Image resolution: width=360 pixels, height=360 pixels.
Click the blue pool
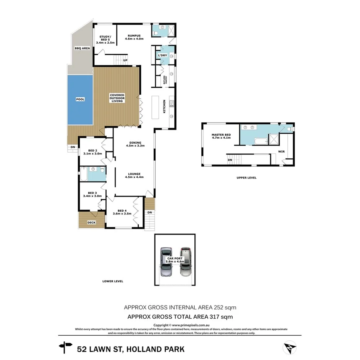point(80,100)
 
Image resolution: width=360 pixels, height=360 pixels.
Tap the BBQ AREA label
point(82,48)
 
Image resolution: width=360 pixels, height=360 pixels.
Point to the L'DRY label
point(162,56)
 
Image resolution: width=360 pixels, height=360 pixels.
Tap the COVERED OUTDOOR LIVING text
point(117,98)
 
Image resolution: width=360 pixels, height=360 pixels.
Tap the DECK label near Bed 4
point(91,222)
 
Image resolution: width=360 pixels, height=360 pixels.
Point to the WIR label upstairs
point(282,151)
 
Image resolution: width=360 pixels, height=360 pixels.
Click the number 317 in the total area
point(215,317)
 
